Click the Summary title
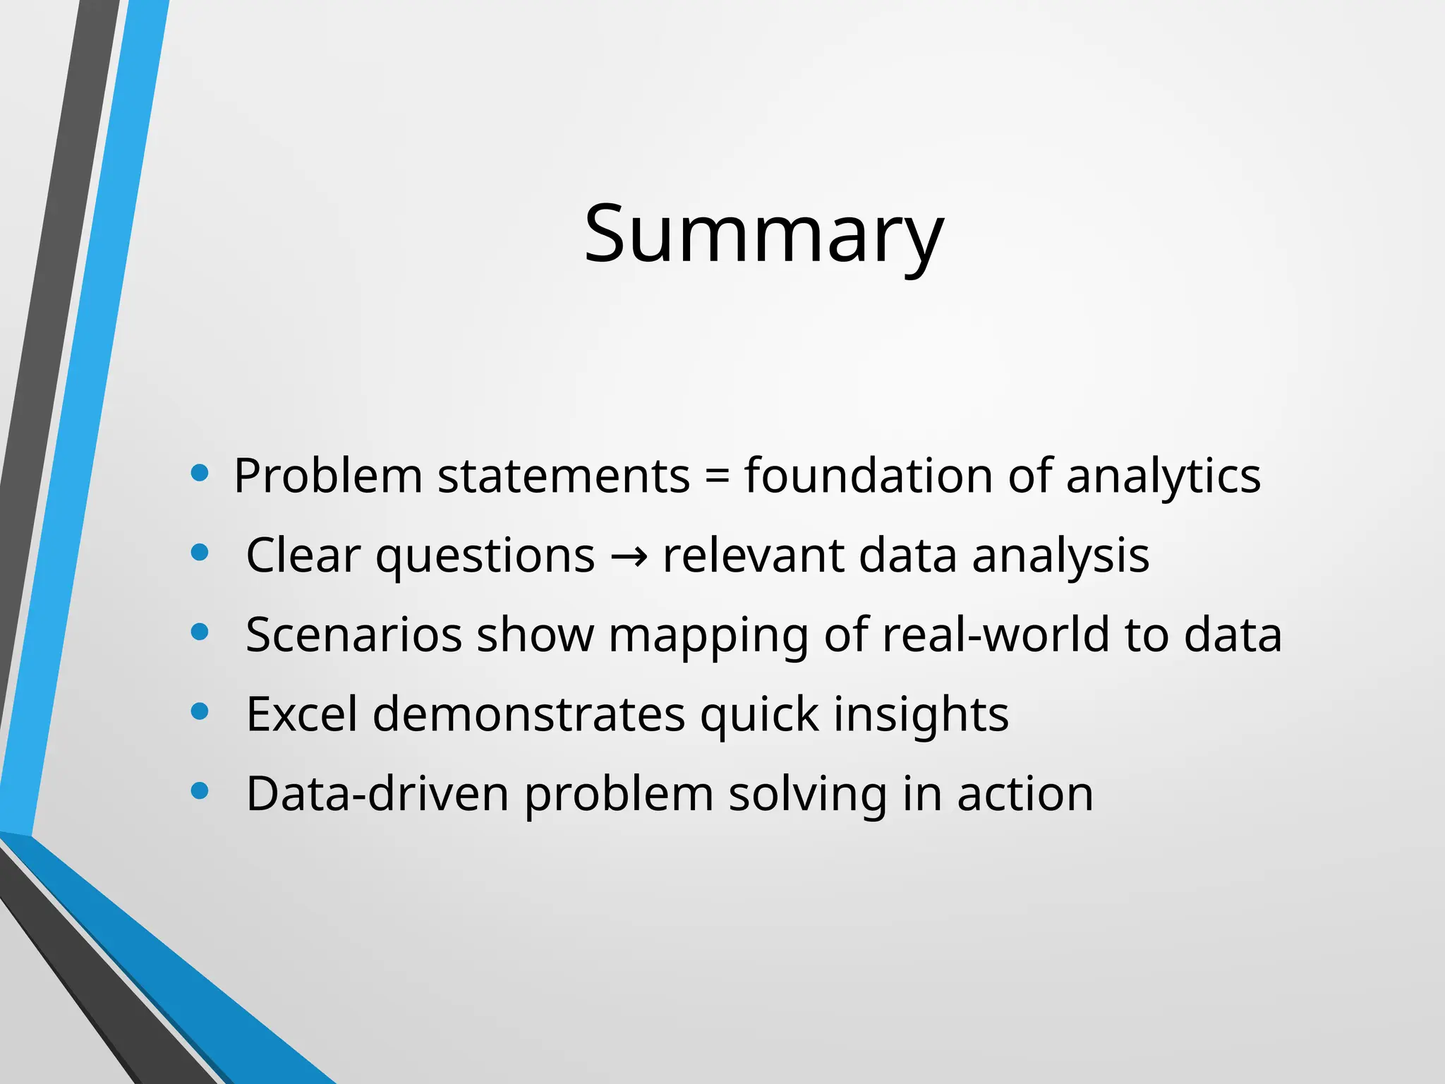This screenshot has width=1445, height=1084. (763, 234)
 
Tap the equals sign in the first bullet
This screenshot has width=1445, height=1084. (717, 476)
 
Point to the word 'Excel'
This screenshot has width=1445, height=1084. (302, 714)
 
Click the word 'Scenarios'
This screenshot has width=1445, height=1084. (353, 634)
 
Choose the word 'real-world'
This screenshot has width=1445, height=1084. (996, 634)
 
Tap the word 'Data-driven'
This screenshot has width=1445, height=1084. (377, 794)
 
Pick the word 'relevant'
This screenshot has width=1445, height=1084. (753, 555)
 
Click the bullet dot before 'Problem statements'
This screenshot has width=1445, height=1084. (200, 473)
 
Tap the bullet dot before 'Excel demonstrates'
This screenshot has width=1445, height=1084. (200, 711)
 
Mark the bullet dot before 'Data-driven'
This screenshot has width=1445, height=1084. (200, 791)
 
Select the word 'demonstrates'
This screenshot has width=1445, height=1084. (529, 714)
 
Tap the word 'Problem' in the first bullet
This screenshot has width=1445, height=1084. (328, 476)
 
